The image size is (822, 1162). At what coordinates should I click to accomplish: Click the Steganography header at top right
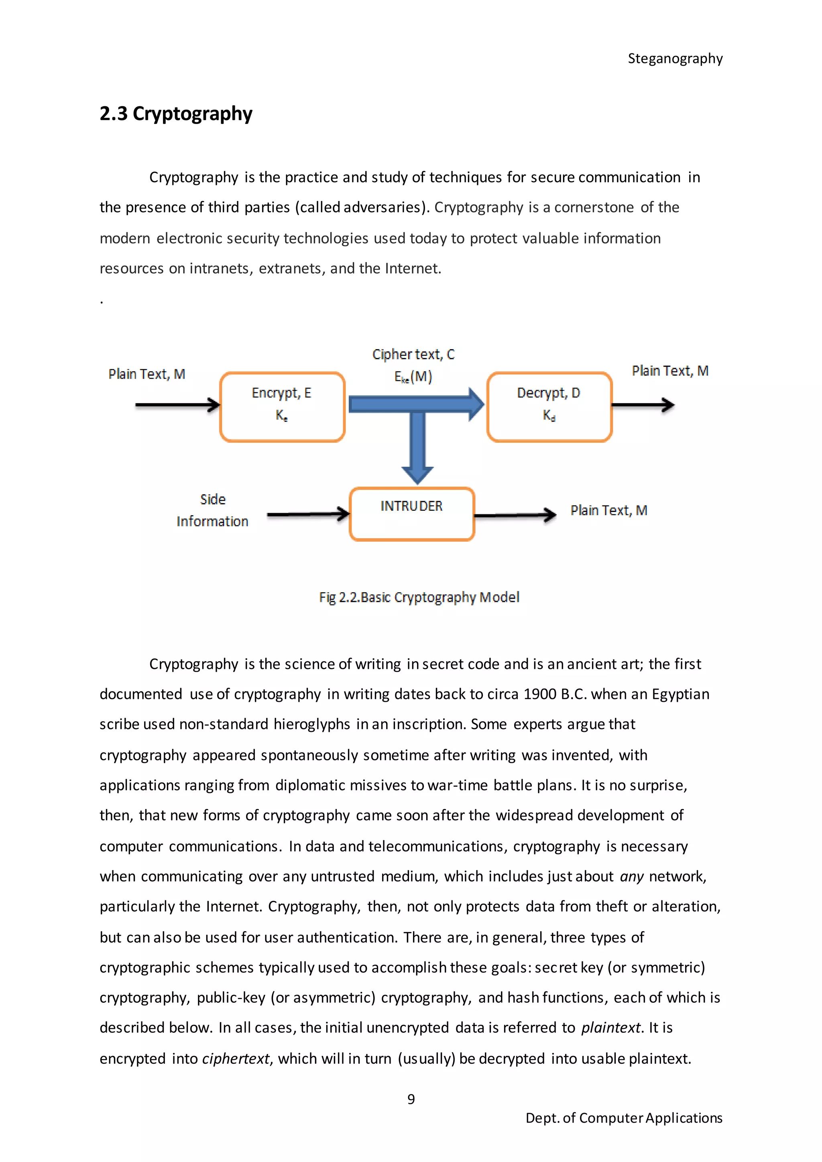point(675,59)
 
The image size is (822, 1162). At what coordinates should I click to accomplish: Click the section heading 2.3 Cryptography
point(176,114)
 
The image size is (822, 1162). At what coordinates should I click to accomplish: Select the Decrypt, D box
point(549,407)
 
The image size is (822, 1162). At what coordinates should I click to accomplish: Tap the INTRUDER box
point(411,514)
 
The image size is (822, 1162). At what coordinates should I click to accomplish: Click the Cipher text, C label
point(413,354)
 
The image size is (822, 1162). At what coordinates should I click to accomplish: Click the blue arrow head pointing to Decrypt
point(476,404)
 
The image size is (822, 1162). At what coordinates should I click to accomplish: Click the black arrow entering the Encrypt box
point(177,405)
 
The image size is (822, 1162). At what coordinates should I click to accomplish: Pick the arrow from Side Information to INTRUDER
point(308,515)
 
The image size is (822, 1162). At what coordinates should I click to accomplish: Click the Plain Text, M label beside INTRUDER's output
point(608,510)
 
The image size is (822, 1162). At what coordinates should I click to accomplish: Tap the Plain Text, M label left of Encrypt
point(147,374)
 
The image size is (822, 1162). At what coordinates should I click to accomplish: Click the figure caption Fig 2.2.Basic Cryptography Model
point(419,597)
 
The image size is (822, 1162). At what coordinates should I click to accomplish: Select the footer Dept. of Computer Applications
point(624,1117)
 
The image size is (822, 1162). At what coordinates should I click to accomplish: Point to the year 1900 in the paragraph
point(540,694)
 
